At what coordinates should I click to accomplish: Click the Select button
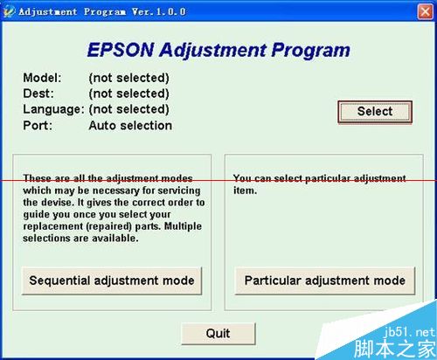tap(374, 111)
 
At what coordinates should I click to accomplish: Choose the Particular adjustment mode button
tap(324, 280)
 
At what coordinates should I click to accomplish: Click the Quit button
tap(218, 333)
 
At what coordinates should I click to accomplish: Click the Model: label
tap(43, 78)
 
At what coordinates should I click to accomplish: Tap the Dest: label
tap(39, 93)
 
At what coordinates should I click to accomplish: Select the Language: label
tap(53, 109)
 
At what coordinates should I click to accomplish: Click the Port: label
tap(38, 125)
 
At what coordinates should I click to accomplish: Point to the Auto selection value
tap(130, 125)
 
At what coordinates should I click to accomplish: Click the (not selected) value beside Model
tap(128, 78)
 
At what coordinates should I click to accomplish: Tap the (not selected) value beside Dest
tap(128, 93)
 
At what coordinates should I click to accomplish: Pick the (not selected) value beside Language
tap(128, 109)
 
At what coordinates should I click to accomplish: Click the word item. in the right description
tap(245, 190)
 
